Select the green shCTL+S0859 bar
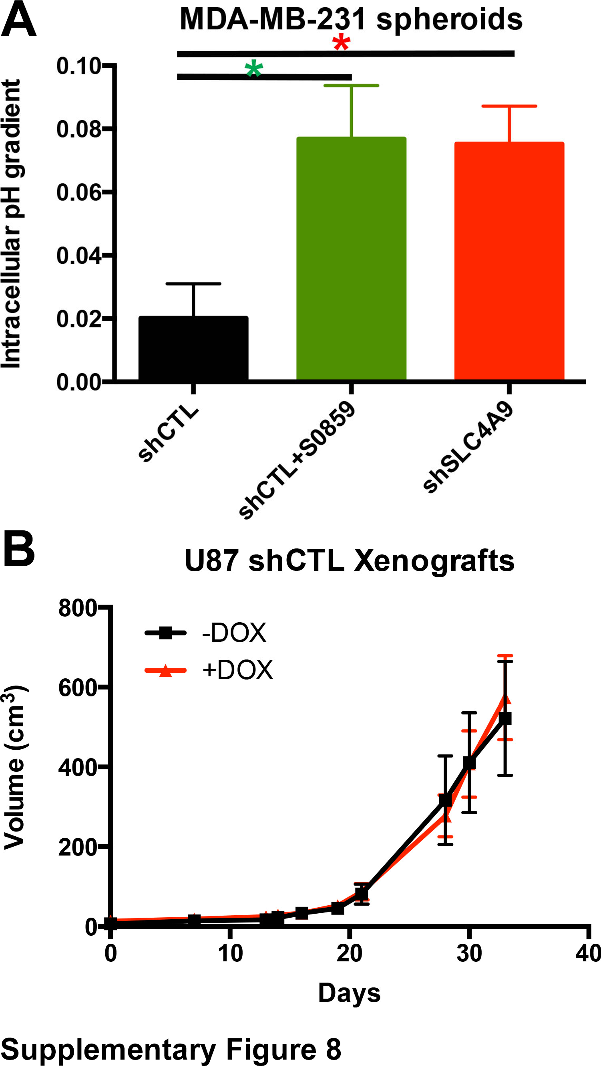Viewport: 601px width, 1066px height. pyautogui.click(x=351, y=258)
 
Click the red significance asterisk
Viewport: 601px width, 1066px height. pyautogui.click(x=341, y=42)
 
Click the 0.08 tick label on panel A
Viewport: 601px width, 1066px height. pyautogui.click(x=78, y=129)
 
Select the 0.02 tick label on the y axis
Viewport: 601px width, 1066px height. pyautogui.click(x=78, y=319)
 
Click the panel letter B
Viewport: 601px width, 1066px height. pyautogui.click(x=18, y=549)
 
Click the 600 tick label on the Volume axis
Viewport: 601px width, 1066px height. pyautogui.click(x=77, y=689)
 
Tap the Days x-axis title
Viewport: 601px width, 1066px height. pyautogui.click(x=349, y=993)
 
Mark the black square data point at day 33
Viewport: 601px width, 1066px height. pyautogui.click(x=505, y=718)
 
